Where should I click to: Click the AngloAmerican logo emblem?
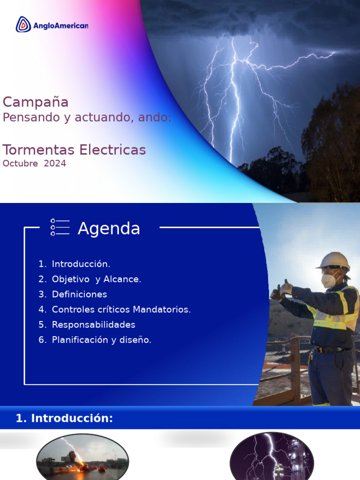click(23, 24)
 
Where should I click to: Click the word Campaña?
click(36, 102)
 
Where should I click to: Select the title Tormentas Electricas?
click(74, 150)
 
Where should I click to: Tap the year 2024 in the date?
click(55, 164)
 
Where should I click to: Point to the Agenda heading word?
click(109, 229)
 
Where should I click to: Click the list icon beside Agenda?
click(60, 227)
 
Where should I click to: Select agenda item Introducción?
click(81, 264)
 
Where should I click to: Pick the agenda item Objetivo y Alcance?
click(96, 279)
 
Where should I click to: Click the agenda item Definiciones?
click(79, 294)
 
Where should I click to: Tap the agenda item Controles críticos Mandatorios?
click(121, 309)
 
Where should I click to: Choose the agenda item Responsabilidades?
click(93, 324)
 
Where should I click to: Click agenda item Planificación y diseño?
click(101, 340)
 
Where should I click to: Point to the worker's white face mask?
click(328, 280)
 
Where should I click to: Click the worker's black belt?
click(331, 349)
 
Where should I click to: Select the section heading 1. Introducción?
click(65, 418)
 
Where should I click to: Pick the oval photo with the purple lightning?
click(271, 457)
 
